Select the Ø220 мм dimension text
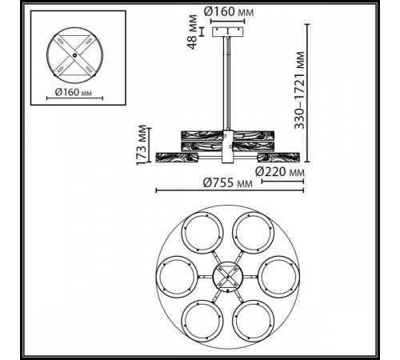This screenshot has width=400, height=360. click(279, 170)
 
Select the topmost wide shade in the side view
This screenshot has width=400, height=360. click(229, 131)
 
